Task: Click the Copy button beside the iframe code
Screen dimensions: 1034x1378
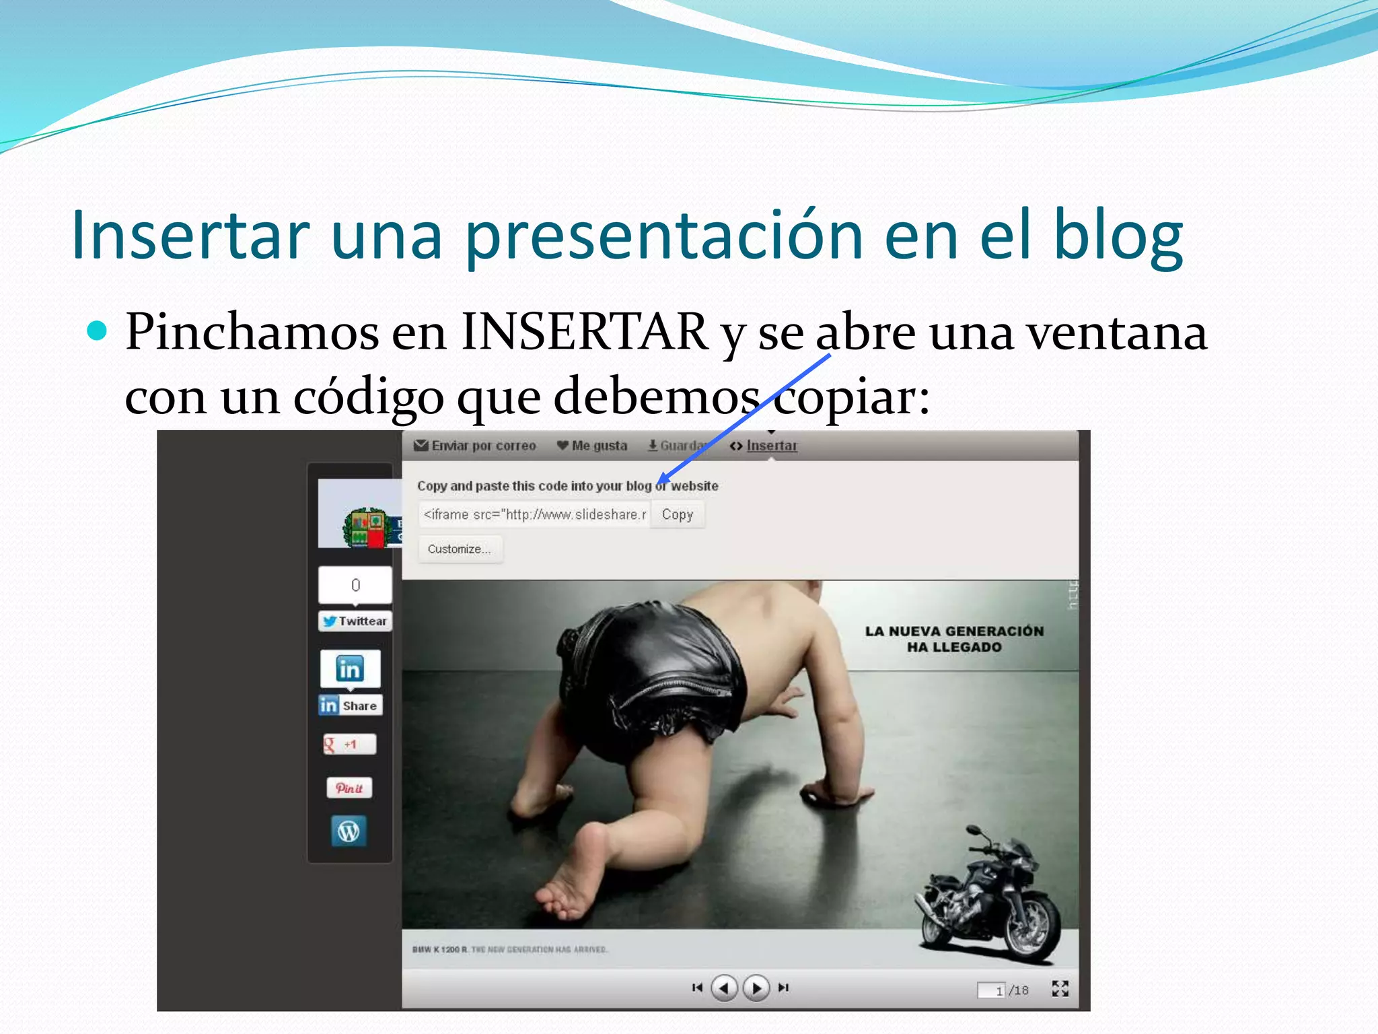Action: click(x=677, y=515)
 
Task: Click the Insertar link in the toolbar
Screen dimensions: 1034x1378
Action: click(x=771, y=446)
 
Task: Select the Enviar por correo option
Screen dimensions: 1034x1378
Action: click(x=476, y=446)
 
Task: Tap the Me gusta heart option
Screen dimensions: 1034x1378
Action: click(x=592, y=446)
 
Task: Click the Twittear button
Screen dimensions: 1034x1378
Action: click(x=355, y=621)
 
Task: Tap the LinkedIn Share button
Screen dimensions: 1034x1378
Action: click(x=351, y=705)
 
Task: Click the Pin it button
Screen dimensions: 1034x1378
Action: click(x=349, y=788)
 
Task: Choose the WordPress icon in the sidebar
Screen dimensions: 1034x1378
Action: click(x=349, y=832)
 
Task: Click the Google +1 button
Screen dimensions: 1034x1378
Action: click(x=349, y=745)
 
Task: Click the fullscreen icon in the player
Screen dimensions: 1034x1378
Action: click(x=1060, y=988)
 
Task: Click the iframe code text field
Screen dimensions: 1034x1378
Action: click(x=534, y=515)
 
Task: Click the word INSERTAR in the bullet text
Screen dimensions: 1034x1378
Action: click(x=584, y=332)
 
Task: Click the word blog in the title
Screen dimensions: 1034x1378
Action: click(x=1117, y=236)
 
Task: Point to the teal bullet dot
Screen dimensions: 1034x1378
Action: click(x=98, y=331)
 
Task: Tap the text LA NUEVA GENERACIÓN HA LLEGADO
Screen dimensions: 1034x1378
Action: click(x=954, y=639)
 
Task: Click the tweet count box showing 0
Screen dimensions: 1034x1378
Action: click(x=355, y=585)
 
